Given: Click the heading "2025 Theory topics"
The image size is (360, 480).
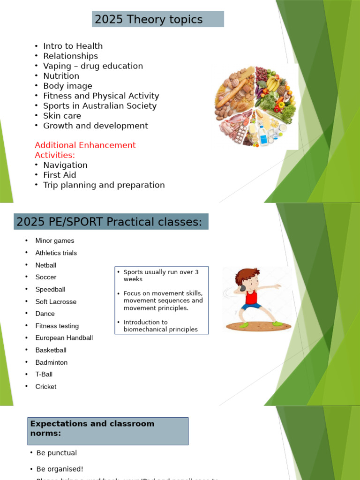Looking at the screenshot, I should (x=149, y=20).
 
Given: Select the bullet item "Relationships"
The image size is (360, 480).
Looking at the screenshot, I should (x=70, y=56).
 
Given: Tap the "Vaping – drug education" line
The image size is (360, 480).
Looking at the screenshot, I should (x=93, y=66).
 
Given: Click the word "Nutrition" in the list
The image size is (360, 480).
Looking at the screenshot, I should (x=61, y=76).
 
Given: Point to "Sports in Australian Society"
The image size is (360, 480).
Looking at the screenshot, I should (x=100, y=106).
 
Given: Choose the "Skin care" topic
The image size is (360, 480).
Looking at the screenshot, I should (x=62, y=116).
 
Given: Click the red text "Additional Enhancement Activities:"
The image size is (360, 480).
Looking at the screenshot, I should (x=85, y=150).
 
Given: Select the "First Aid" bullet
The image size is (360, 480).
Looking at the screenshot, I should (x=60, y=175).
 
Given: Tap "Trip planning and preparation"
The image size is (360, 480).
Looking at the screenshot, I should (x=104, y=185).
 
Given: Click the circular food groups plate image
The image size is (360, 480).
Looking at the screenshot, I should (x=255, y=106).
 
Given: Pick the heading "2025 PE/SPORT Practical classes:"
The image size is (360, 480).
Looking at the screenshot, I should (x=109, y=222).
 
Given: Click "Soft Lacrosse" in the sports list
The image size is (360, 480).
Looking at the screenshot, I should (x=56, y=302).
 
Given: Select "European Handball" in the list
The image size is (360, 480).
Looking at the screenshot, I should (x=64, y=338).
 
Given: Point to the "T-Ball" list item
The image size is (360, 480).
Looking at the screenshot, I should (x=44, y=375).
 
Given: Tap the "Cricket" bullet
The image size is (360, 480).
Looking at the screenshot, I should (x=46, y=387).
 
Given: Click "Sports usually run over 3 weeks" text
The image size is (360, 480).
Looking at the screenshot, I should (x=161, y=276).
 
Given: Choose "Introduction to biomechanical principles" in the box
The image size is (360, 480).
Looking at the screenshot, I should (x=160, y=326).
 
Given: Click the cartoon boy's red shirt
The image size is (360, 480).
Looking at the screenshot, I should (x=252, y=297).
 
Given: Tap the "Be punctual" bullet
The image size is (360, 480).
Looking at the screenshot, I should (x=56, y=453).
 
